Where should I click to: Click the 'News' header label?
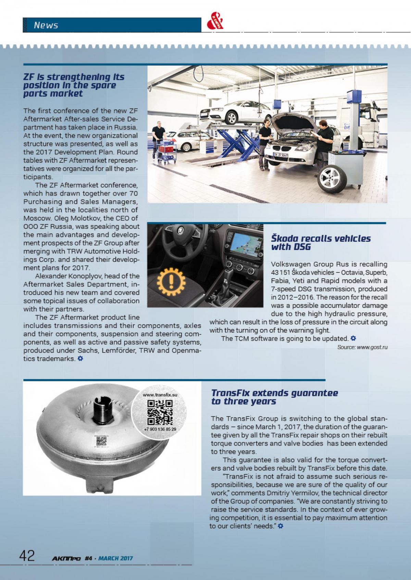46,25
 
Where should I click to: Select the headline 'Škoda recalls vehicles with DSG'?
321,242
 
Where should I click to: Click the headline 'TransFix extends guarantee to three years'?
275,397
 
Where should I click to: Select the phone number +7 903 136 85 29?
160,429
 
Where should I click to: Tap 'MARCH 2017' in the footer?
115,558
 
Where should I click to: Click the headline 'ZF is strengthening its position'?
74,85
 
